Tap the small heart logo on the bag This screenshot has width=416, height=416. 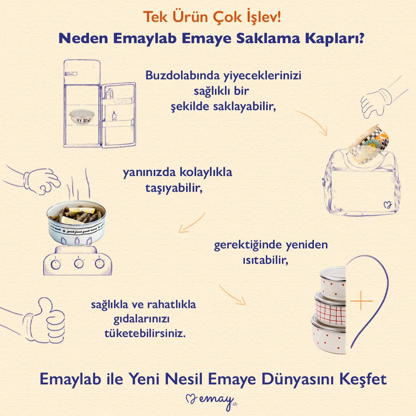(x=387, y=205)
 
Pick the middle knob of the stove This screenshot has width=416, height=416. (x=79, y=263)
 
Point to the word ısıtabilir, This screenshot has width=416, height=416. (x=265, y=260)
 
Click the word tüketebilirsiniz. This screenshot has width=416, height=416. (x=145, y=334)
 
